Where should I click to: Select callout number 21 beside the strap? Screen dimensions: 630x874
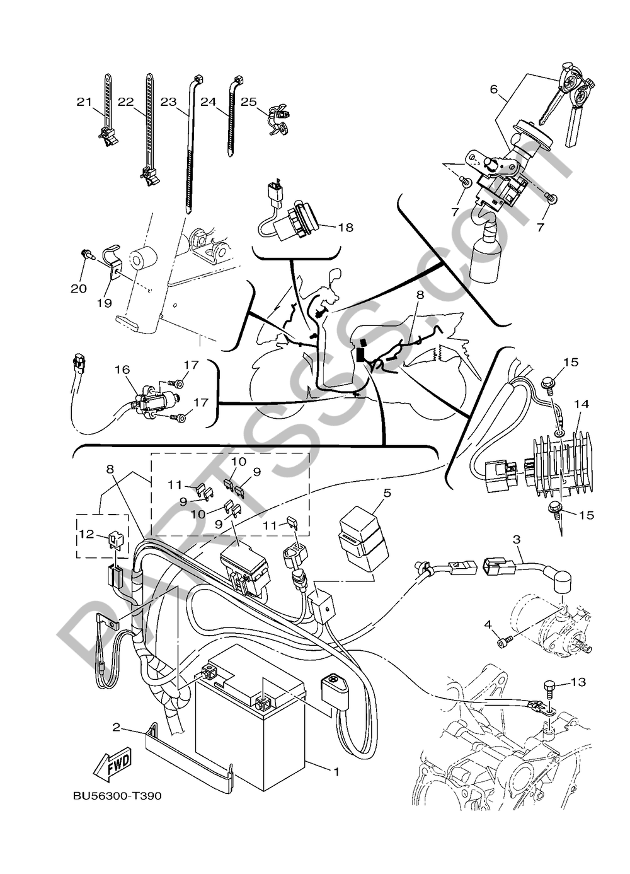[x=84, y=102]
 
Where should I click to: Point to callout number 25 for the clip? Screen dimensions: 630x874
[x=249, y=102]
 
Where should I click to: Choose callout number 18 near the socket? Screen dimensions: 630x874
[x=345, y=227]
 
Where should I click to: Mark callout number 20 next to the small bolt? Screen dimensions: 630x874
[x=79, y=289]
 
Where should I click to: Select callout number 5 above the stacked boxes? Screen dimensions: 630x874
[x=387, y=492]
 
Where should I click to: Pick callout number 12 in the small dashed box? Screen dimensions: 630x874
[x=87, y=533]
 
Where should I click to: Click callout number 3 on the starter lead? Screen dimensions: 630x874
[x=517, y=540]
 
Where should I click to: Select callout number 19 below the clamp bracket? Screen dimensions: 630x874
[x=105, y=303]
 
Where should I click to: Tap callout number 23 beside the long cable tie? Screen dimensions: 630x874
[x=168, y=102]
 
